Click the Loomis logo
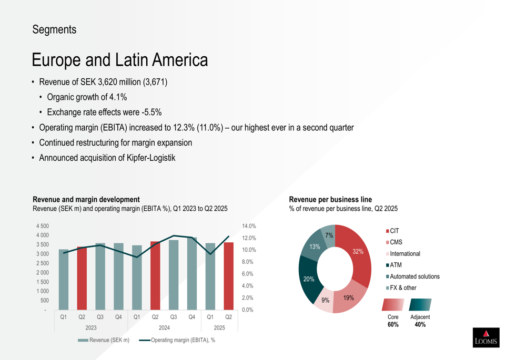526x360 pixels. (x=486, y=337)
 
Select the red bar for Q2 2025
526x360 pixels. (x=229, y=276)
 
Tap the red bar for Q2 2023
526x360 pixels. (x=82, y=278)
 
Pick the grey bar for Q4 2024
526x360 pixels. (x=192, y=273)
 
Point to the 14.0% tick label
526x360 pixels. (x=249, y=226)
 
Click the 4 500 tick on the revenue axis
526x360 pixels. (x=42, y=226)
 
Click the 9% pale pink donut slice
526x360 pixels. (x=325, y=301)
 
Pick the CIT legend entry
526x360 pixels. (x=394, y=231)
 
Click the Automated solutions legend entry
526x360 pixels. (x=414, y=276)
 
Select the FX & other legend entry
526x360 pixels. (x=402, y=288)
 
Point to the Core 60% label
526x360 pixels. (x=393, y=321)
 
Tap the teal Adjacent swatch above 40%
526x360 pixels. (x=420, y=305)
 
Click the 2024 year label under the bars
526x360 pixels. (x=164, y=328)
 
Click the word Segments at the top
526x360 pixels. (x=54, y=30)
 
